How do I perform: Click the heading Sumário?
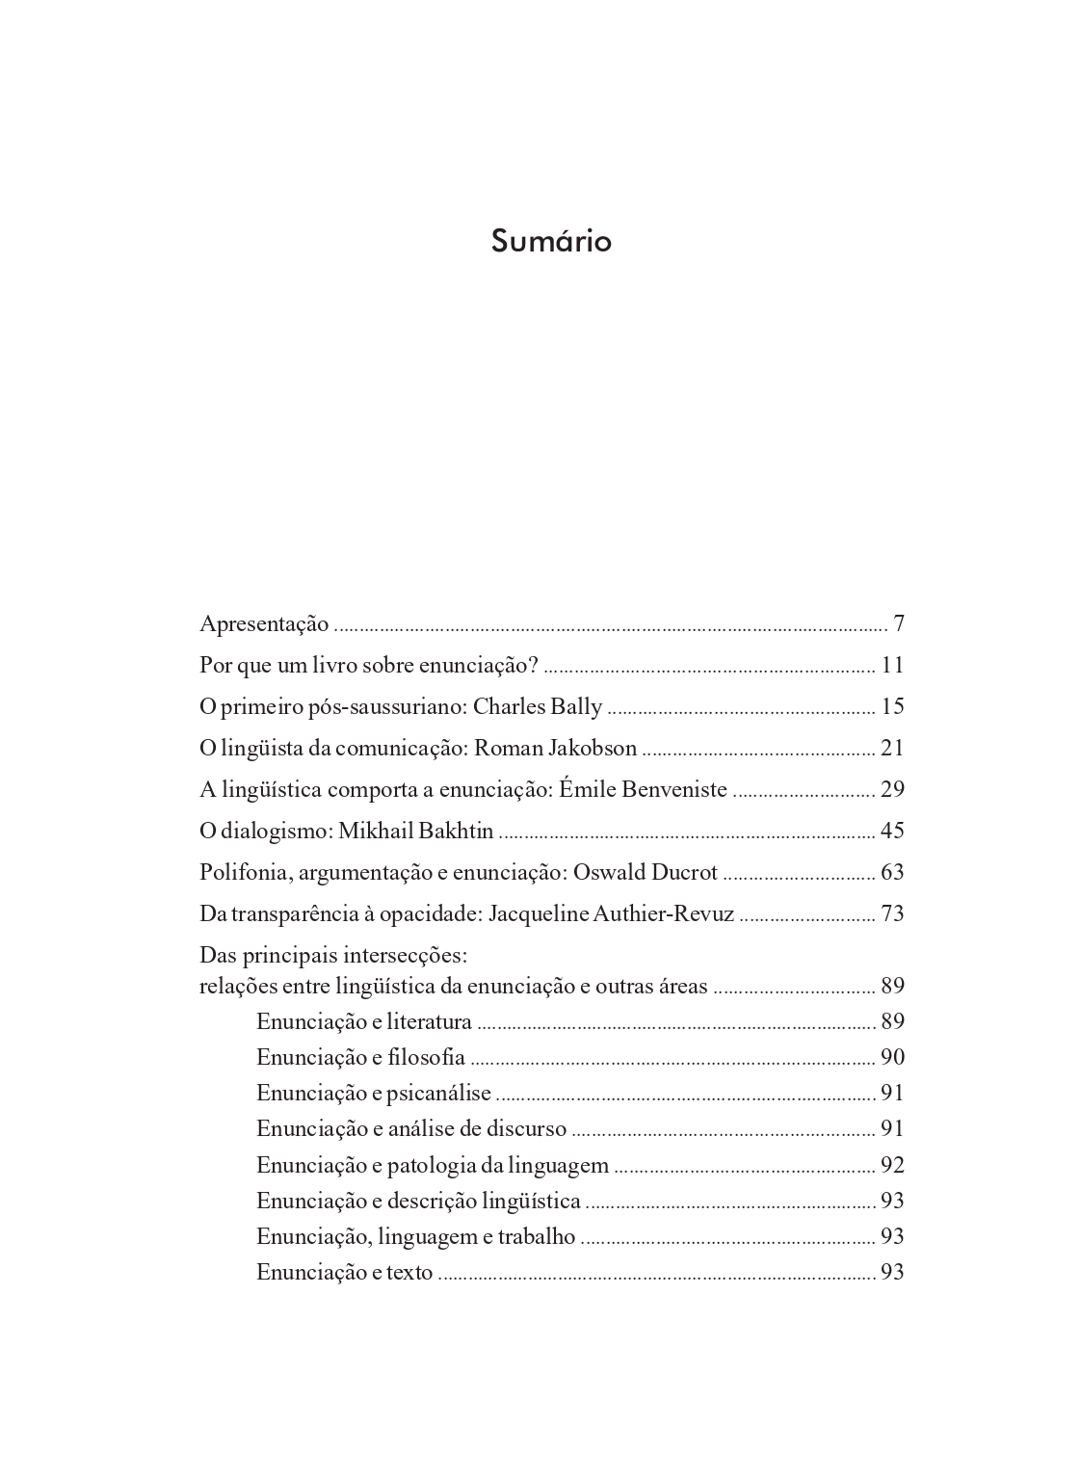[550, 241]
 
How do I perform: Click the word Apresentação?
[264, 624]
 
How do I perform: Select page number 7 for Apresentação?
[898, 623]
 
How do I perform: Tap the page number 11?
[892, 665]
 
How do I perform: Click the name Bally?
[575, 707]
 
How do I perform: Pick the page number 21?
[892, 748]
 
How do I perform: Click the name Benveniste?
[674, 790]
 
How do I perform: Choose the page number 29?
[892, 789]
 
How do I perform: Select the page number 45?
[892, 831]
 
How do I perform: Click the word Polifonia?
[243, 872]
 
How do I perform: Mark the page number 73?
[892, 913]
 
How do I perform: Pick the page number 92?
[892, 1165]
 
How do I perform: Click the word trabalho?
[535, 1236]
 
